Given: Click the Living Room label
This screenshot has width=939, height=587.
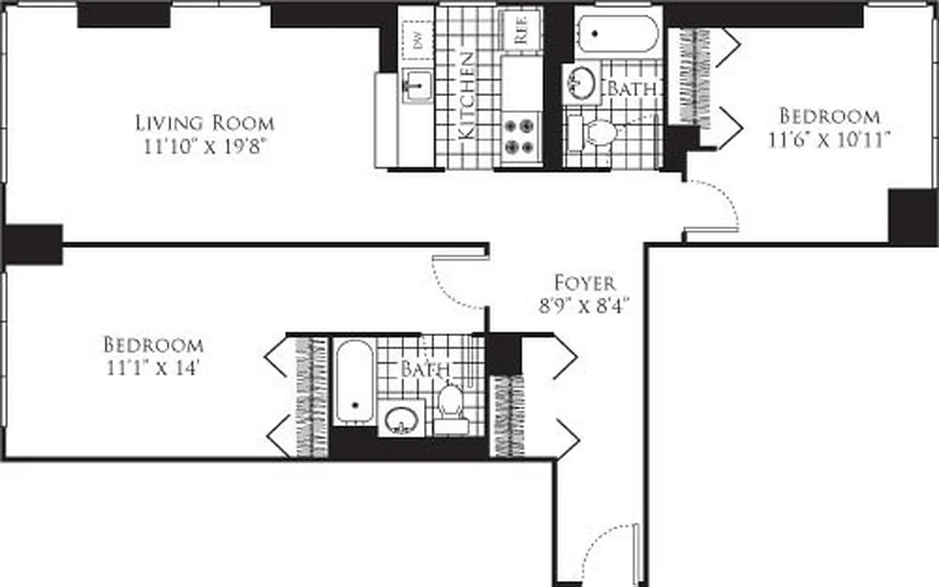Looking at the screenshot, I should tap(204, 123).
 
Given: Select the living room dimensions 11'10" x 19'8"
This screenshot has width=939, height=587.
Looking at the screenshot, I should tap(204, 146).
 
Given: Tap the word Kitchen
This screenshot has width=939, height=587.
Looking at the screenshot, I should tap(466, 95).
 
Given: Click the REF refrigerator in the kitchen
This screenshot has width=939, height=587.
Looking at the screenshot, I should tap(521, 29).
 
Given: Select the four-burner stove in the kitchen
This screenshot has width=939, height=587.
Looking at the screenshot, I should tap(521, 136).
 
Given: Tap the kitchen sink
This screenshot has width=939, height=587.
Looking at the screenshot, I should tap(417, 85).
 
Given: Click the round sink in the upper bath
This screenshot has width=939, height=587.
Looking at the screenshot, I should tap(582, 82).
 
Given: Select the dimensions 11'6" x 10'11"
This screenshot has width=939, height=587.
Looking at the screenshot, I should tap(830, 139).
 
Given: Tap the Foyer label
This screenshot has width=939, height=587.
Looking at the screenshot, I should tap(584, 282).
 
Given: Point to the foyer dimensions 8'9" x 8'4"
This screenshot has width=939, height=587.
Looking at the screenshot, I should tap(584, 305).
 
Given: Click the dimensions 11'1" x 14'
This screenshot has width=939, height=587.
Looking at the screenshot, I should tap(153, 368).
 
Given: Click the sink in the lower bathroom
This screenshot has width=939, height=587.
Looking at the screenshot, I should tap(401, 419).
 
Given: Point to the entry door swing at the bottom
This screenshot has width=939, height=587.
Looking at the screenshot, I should tap(610, 550).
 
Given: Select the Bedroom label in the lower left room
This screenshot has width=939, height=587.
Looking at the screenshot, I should tap(153, 344).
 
